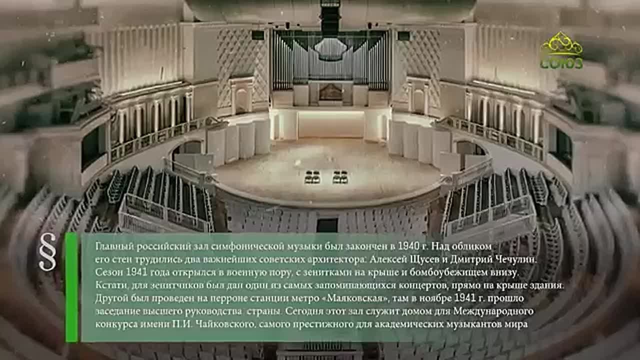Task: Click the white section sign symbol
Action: point(47,251)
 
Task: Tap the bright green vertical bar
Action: point(71,287)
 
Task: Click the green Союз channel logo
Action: point(561,50)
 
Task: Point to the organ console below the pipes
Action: point(330,92)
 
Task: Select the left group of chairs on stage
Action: point(312,177)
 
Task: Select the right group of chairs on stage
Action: point(340,177)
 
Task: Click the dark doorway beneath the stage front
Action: point(327,225)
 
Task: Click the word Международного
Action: point(493,311)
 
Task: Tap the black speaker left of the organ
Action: point(257,35)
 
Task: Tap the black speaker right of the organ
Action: point(403,35)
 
